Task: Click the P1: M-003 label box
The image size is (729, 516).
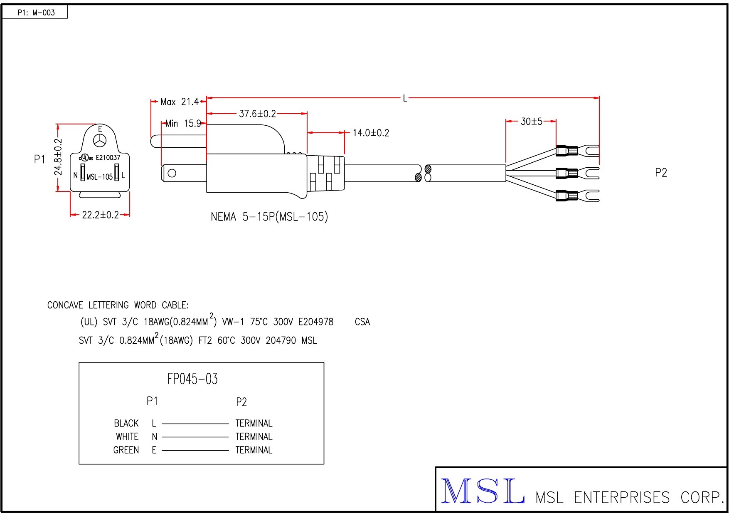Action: (36, 12)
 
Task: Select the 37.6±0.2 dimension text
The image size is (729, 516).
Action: (257, 114)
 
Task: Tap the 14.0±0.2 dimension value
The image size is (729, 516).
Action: (371, 133)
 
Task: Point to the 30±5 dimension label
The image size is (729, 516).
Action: (531, 122)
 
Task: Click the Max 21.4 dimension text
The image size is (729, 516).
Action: (180, 102)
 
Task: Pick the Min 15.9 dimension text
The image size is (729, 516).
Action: (183, 124)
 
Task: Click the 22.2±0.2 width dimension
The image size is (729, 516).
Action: (100, 215)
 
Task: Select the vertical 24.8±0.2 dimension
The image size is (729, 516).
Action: (59, 157)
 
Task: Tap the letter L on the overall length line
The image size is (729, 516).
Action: (405, 99)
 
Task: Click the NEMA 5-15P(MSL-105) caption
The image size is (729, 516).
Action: (269, 217)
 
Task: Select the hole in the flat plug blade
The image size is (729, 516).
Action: (172, 173)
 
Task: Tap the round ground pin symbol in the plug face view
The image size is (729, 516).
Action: (100, 141)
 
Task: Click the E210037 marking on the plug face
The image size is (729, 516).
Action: (108, 158)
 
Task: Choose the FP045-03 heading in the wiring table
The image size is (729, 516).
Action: (192, 379)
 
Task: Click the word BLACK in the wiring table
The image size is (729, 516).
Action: (126, 424)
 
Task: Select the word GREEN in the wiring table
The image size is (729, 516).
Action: (126, 450)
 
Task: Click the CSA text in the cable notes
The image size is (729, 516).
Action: (362, 322)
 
